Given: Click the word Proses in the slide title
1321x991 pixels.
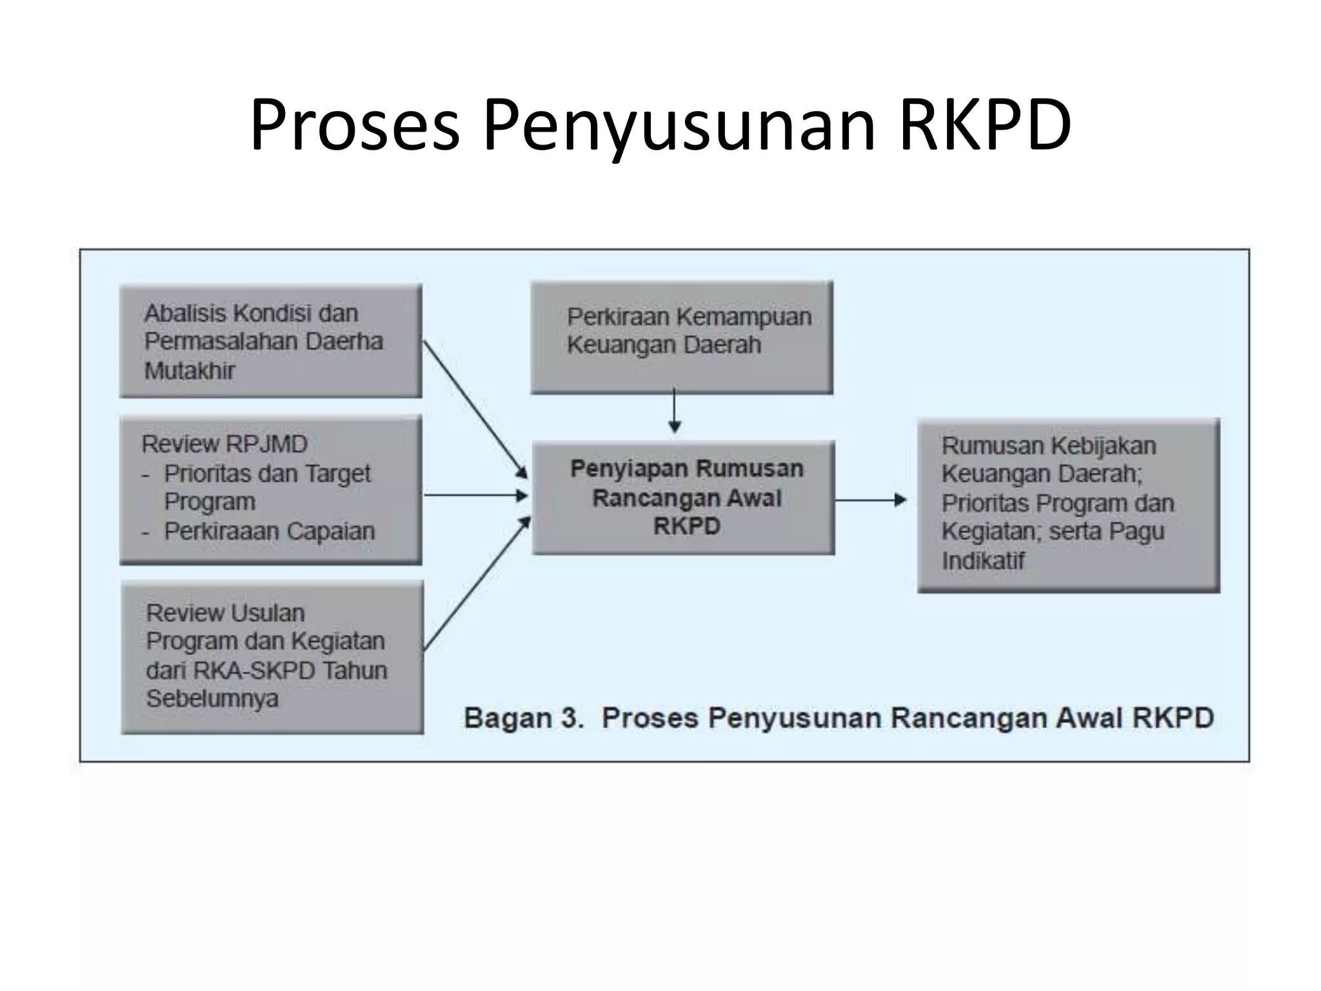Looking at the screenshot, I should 355,126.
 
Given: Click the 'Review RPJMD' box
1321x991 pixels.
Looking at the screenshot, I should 271,490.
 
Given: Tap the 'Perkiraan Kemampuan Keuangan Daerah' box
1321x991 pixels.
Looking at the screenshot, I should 682,337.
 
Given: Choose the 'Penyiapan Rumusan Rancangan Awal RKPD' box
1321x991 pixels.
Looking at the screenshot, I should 684,497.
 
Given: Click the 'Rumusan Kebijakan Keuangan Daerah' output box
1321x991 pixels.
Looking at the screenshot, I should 1069,505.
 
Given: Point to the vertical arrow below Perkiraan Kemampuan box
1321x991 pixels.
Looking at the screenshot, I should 675,410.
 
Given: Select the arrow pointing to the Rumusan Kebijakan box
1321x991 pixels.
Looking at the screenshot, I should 871,500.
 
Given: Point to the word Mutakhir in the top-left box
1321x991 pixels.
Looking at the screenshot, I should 190,371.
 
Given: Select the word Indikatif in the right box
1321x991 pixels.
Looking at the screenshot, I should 982,561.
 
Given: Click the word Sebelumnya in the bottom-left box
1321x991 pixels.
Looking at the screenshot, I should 212,699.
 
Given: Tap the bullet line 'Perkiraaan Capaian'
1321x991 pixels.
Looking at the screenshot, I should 269,531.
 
